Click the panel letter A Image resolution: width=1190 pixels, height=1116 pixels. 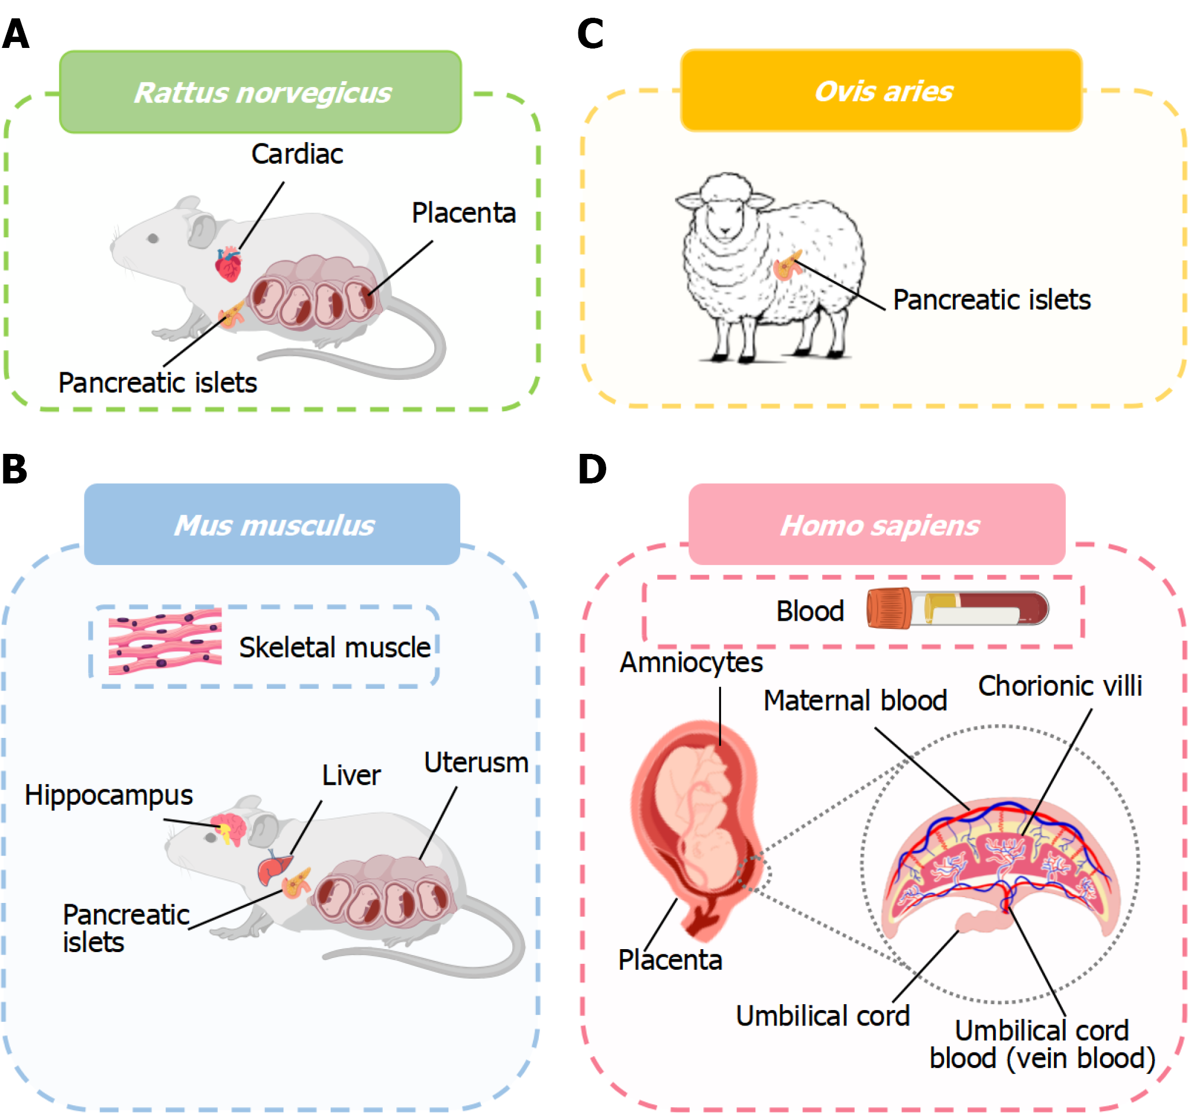coord(15,34)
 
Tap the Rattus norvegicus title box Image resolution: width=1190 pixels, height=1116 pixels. coord(260,92)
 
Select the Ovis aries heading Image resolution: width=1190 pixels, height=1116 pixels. coord(881,91)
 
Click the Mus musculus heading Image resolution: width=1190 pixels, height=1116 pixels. coord(272,525)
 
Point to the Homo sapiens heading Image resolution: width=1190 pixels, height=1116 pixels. coord(877,525)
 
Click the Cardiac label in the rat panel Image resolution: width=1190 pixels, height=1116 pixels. coord(297,154)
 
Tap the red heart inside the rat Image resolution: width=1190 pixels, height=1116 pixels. coord(228,264)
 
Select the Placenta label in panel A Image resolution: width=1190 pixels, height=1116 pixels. coord(463,213)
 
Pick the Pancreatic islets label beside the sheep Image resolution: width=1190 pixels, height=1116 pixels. coord(991,300)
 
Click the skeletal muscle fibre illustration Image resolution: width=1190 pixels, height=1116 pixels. coord(165,641)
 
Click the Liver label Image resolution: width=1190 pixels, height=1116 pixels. coord(351,776)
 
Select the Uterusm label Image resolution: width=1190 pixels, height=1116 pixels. coord(476,763)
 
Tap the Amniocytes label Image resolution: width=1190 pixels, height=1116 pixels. coord(691,663)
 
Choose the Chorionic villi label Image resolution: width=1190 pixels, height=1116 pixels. coord(1059,686)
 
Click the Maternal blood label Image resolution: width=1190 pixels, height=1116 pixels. coord(855,701)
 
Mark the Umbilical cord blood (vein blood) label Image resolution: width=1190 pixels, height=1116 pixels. coord(1042,1045)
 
